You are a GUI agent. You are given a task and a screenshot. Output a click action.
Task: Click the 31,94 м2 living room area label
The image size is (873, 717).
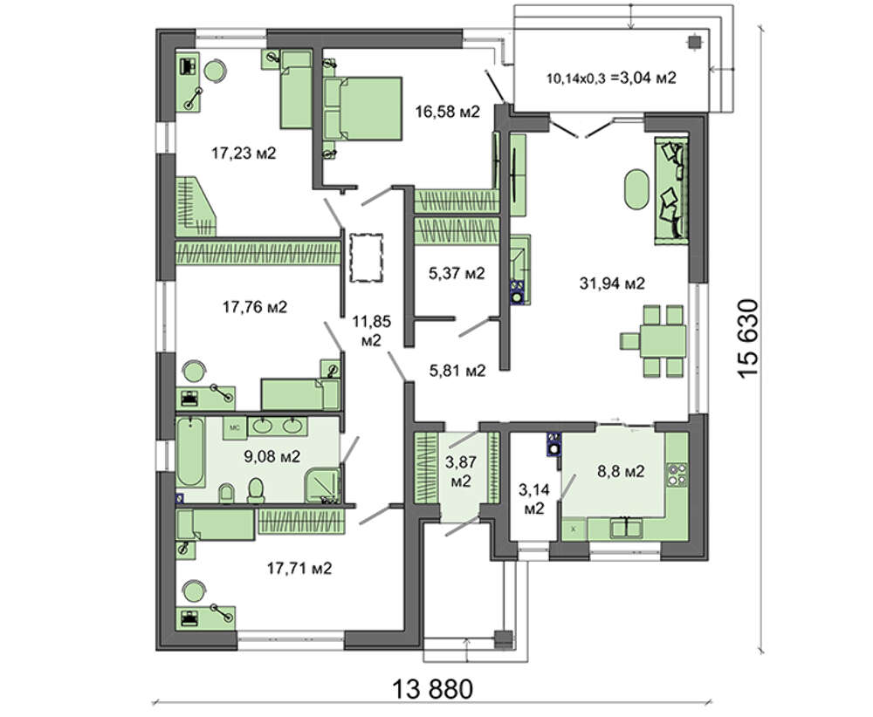(x=612, y=283)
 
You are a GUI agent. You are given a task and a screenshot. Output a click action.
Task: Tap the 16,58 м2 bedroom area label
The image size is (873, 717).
(x=447, y=112)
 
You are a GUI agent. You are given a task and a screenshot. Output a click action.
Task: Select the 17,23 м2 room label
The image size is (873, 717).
(x=244, y=153)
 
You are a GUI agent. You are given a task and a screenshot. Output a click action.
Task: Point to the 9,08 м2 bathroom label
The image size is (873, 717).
(x=272, y=457)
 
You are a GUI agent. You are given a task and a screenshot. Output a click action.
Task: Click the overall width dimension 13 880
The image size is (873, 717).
(x=433, y=689)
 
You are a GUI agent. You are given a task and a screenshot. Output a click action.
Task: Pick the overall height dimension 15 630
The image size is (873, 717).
(x=748, y=338)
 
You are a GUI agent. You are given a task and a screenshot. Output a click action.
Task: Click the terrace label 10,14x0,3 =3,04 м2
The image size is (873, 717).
(x=611, y=78)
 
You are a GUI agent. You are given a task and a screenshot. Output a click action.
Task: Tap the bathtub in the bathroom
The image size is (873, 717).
(x=189, y=452)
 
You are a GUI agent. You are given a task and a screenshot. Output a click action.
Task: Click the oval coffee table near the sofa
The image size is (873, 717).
(x=636, y=189)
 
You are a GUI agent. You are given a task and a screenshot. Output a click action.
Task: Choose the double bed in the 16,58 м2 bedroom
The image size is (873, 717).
(x=362, y=108)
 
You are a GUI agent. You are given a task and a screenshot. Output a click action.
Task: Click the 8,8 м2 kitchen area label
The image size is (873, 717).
(x=621, y=472)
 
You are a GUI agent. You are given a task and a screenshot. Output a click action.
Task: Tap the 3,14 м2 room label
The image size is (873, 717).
(x=534, y=498)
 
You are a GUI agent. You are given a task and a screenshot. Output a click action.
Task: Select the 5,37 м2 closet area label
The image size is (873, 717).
(x=457, y=273)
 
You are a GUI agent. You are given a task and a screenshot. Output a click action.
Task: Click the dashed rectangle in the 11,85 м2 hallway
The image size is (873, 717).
(x=366, y=258)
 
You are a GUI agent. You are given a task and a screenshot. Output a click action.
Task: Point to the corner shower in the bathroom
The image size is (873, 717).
(x=322, y=485)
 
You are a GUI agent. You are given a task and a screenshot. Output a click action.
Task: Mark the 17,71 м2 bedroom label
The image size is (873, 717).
(x=299, y=569)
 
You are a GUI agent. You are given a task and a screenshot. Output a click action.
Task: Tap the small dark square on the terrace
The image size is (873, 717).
(x=694, y=42)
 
